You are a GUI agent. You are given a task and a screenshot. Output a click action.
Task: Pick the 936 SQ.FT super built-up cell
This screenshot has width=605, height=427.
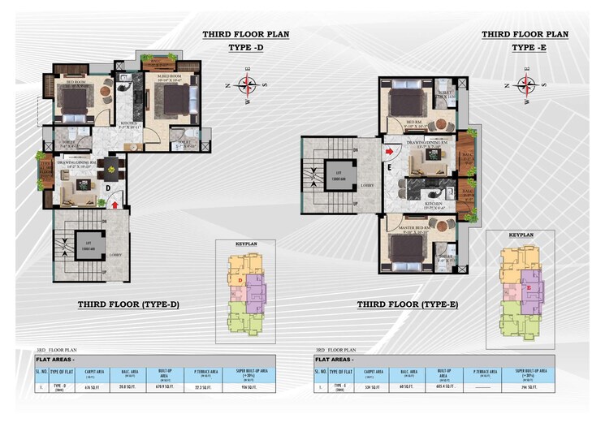click(x=248, y=388)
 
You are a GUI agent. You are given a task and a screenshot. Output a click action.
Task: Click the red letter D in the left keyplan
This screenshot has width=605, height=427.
click(x=240, y=281)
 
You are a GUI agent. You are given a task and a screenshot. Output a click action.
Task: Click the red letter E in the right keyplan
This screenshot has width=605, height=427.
click(x=529, y=287)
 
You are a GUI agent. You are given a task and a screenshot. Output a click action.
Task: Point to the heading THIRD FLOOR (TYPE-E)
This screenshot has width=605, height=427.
click(x=408, y=304)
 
